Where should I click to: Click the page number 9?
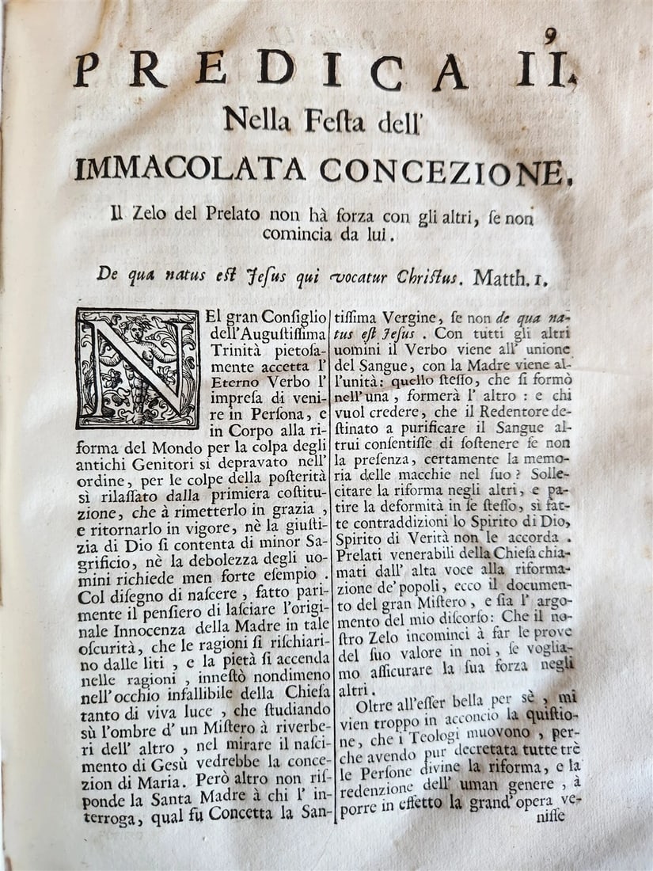click(x=550, y=36)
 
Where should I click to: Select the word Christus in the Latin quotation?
click(x=427, y=276)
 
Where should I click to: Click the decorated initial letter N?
click(x=137, y=369)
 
